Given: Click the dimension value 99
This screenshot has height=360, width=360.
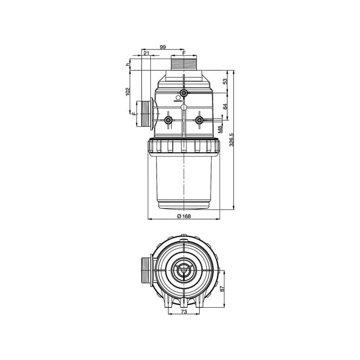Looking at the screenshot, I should click(163, 47).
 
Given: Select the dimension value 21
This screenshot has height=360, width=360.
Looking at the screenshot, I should click(146, 53).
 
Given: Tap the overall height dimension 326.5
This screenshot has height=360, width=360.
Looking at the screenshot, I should click(231, 139).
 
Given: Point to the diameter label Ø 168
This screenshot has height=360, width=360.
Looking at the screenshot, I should click(184, 216).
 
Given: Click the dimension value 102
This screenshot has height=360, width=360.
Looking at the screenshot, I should click(127, 91).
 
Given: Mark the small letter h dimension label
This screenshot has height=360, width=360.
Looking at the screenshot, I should click(127, 64).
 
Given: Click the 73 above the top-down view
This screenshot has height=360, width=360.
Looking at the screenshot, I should click(184, 235).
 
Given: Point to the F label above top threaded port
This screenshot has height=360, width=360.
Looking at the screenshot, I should click(184, 53).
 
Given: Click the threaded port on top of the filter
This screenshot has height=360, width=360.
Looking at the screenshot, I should click(184, 63).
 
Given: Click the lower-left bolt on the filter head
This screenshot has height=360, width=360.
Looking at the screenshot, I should click(168, 120).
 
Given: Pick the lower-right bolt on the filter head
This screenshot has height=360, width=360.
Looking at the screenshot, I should click(199, 120).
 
